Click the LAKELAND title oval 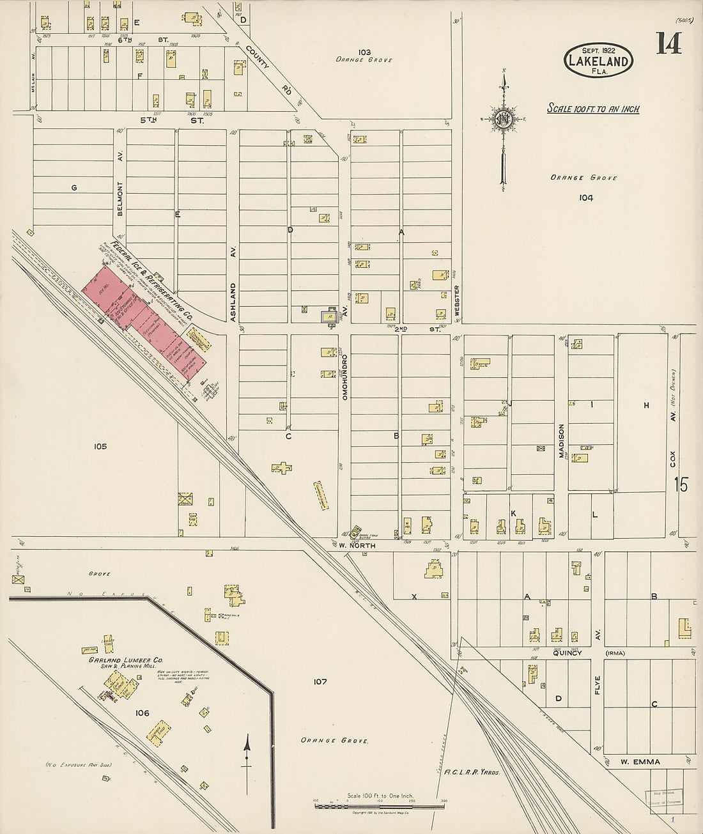click(598, 60)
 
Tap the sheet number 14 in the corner click(668, 43)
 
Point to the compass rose click(504, 119)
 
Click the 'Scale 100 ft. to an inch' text click(593, 109)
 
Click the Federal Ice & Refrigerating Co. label click(152, 281)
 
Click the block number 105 click(99, 446)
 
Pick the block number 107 click(320, 681)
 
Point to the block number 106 click(142, 713)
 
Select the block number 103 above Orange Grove click(364, 52)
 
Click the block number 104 click(586, 197)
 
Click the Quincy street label click(567, 653)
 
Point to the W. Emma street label click(640, 761)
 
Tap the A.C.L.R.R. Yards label click(472, 771)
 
